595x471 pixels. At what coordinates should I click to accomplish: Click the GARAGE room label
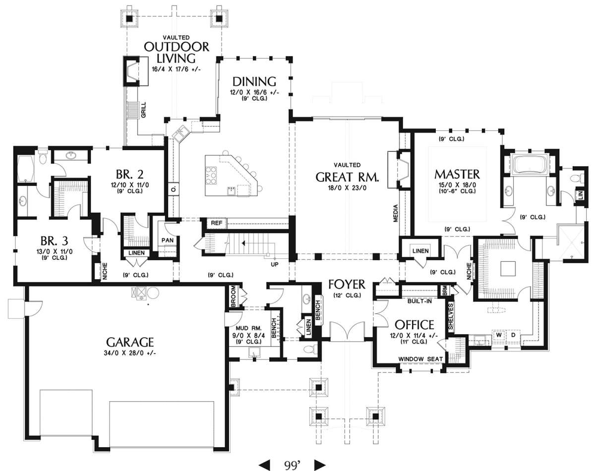130,342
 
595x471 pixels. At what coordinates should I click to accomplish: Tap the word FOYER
347,284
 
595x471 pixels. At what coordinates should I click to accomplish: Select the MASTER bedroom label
457,174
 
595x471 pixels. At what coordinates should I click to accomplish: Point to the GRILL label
143,110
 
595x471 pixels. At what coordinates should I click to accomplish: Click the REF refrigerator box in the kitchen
217,223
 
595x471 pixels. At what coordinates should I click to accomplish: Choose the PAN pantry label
168,240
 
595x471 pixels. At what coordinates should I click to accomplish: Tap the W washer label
499,335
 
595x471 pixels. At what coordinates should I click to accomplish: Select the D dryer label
513,335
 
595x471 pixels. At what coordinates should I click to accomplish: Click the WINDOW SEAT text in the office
420,359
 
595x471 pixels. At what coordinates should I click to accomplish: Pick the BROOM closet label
233,296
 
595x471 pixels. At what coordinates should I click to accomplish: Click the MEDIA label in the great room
396,213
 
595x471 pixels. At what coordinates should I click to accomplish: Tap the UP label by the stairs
275,264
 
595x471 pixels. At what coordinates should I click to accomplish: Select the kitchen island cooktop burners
211,175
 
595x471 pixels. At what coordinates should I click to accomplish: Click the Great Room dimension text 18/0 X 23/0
347,188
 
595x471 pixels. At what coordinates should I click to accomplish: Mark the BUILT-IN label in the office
419,301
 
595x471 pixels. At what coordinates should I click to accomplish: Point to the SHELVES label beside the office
451,317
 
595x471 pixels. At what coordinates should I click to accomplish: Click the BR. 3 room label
54,241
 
